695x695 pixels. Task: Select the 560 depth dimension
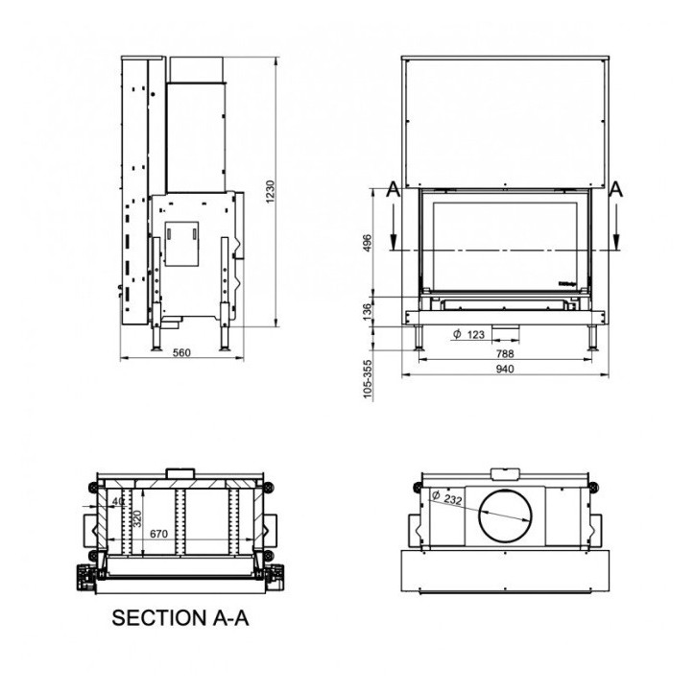coord(181,352)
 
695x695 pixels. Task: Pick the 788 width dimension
coord(504,352)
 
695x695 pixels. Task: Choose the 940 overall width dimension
coord(504,369)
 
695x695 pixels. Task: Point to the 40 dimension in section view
coord(118,500)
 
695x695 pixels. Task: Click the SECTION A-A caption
coord(180,618)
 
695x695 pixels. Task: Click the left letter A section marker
coord(391,190)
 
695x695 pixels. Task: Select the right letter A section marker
coord(615,190)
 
